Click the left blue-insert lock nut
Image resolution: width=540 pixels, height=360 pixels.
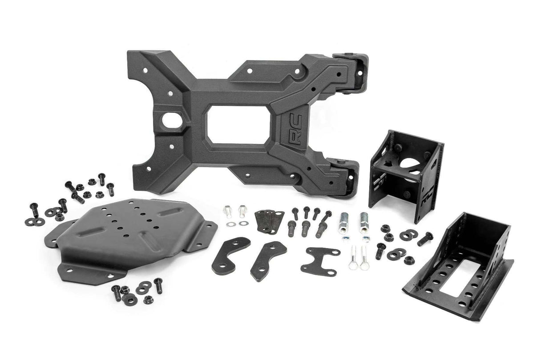pos(345,238)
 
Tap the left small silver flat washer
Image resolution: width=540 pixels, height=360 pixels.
pos(230,224)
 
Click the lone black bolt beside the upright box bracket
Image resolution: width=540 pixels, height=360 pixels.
pos(425,238)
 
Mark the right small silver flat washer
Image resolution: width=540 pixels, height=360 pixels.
pos(242,223)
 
